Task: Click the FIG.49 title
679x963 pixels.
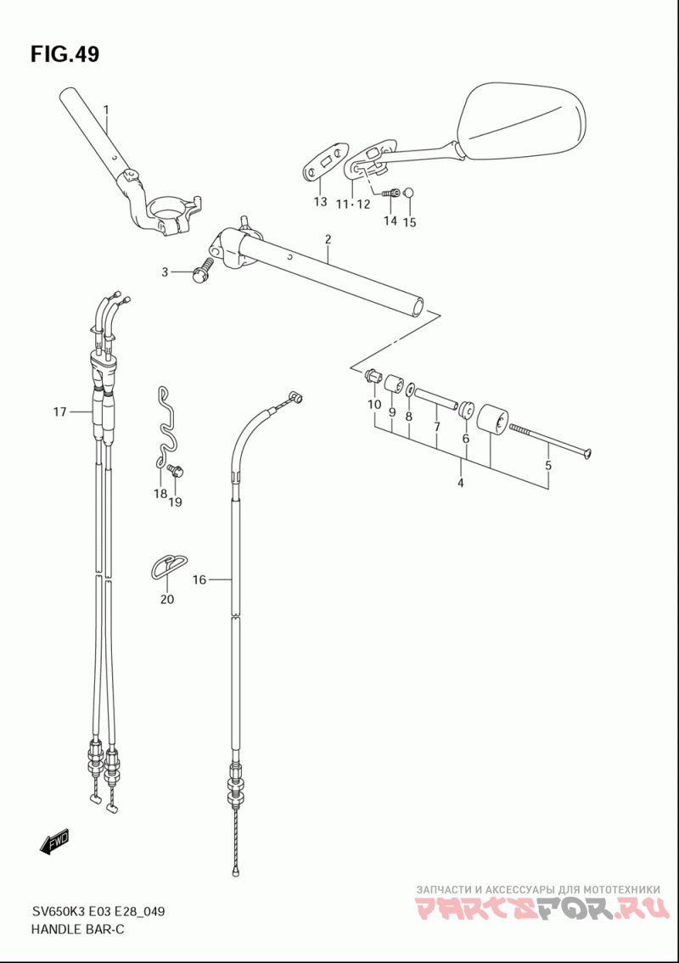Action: [65, 54]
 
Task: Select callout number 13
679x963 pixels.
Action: [320, 201]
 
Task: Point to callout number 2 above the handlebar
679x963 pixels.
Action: [328, 239]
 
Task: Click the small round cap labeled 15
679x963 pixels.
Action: [411, 193]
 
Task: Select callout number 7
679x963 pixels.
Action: [436, 426]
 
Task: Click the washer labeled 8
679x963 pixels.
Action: [408, 391]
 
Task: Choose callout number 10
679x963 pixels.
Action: [374, 405]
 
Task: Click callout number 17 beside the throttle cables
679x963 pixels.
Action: [59, 412]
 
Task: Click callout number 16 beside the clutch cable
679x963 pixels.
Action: [199, 579]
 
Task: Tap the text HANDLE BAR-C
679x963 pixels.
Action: [77, 929]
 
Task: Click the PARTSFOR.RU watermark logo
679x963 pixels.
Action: [542, 909]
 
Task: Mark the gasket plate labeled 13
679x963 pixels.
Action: [326, 161]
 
